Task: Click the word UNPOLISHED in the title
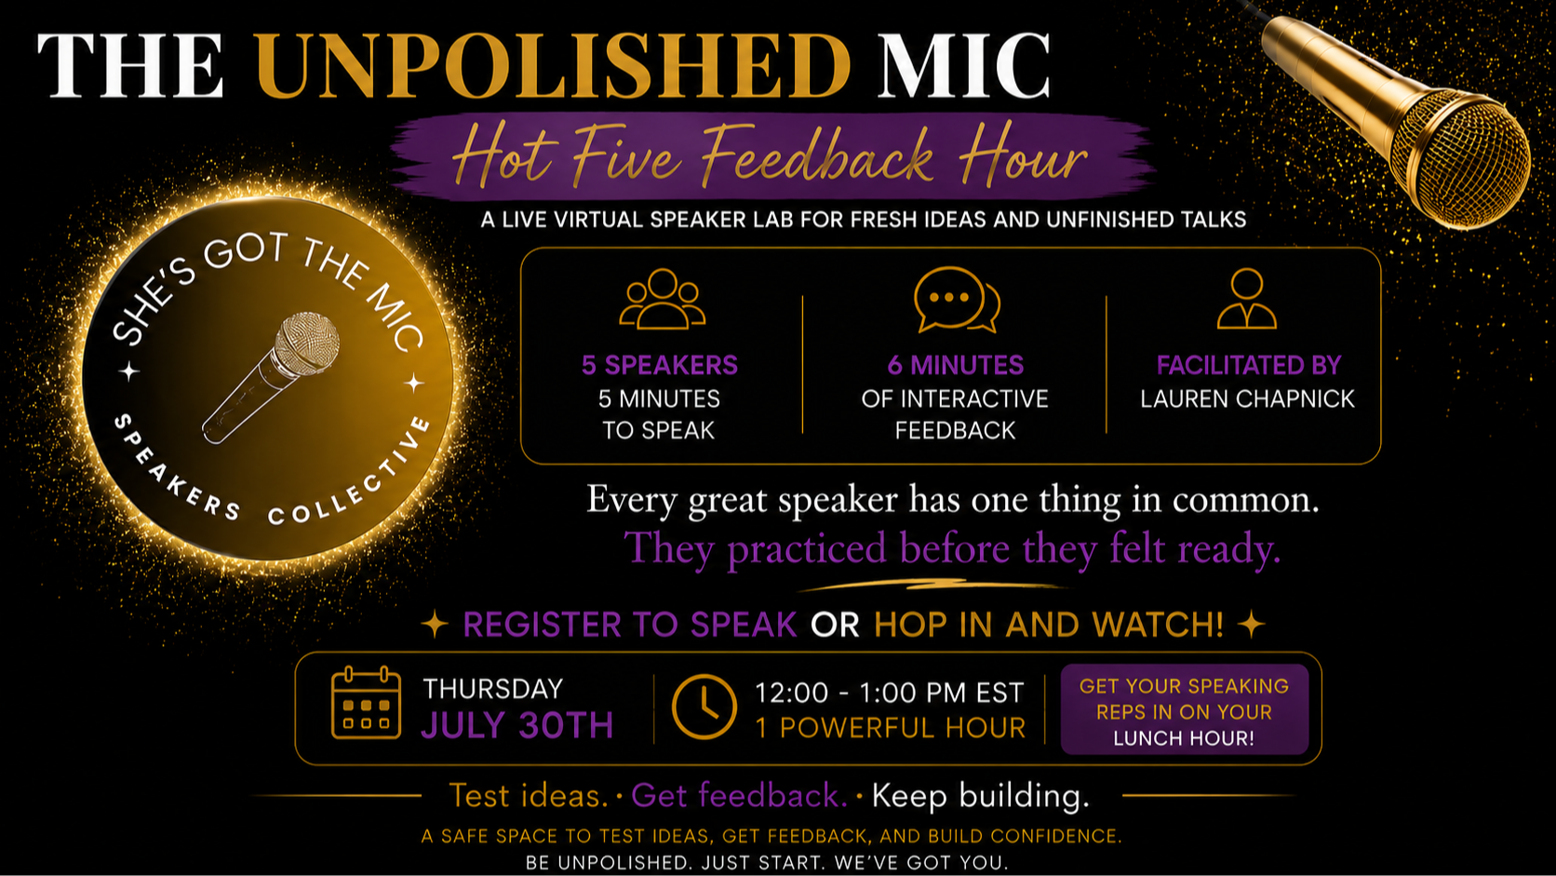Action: [x=553, y=65]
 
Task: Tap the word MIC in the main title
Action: [x=963, y=65]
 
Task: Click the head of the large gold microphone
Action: [x=1462, y=158]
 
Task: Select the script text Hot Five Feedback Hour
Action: [x=770, y=157]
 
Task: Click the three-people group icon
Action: [x=662, y=299]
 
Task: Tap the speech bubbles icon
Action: [x=957, y=300]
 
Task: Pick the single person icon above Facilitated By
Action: [x=1247, y=298]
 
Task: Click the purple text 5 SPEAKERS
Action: [x=659, y=366]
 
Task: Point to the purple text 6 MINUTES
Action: [x=955, y=366]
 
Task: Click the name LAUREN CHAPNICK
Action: [x=1247, y=398]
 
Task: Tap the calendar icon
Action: [x=366, y=702]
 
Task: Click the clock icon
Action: [x=704, y=707]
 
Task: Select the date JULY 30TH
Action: [x=517, y=725]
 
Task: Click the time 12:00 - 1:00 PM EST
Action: [x=889, y=693]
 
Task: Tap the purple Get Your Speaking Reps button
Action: [x=1185, y=710]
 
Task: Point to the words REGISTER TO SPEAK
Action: [x=629, y=624]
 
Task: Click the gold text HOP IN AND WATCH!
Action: [x=1048, y=624]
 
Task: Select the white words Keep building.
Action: [x=980, y=796]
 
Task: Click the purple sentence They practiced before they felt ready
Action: [x=952, y=549]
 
